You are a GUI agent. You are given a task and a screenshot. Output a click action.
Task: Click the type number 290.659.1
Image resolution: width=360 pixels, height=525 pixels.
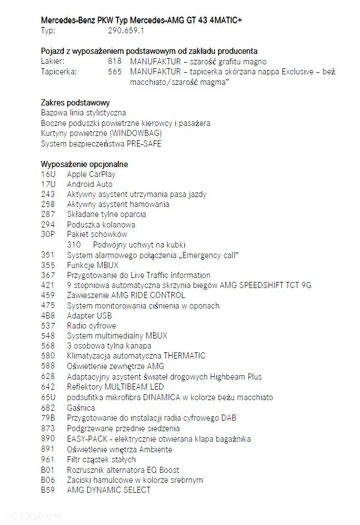point(126,31)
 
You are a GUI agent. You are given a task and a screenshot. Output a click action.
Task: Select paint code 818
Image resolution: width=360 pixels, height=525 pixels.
point(115,62)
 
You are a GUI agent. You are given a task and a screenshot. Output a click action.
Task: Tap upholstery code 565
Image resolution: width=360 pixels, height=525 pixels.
point(115,72)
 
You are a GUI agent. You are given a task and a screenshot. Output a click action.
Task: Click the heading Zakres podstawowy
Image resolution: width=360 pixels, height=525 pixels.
point(75,103)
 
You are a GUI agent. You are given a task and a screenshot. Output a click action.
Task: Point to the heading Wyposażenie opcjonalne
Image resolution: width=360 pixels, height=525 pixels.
point(84,164)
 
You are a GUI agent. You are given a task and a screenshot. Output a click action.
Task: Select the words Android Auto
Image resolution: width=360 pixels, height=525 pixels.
point(89,184)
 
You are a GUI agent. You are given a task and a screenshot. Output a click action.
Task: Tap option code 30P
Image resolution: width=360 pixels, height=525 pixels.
point(48,234)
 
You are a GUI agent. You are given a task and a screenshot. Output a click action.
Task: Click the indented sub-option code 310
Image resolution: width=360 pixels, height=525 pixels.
point(74,245)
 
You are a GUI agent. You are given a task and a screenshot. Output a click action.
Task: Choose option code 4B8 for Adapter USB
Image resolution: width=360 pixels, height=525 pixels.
point(48,316)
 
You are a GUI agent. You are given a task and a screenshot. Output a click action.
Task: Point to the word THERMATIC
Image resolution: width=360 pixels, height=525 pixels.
point(183,356)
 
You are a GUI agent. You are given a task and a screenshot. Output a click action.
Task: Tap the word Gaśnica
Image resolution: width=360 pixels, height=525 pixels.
point(81,408)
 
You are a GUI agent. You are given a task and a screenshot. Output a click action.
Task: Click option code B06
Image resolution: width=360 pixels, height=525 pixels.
point(48,480)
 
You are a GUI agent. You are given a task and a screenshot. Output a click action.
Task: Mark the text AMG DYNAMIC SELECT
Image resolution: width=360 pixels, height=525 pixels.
point(109,490)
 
